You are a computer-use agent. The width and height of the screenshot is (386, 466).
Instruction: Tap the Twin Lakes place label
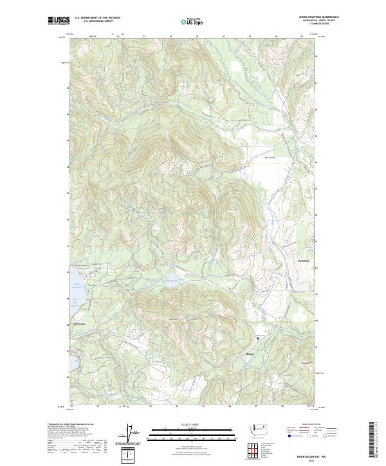pos(79,323)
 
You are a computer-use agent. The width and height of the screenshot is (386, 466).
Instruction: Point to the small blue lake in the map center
pos(172,280)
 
